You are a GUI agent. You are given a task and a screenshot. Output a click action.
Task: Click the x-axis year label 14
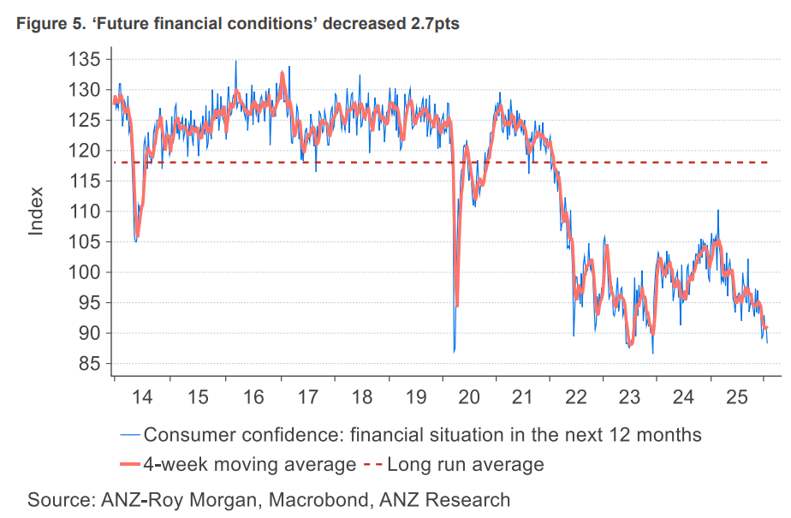pyautogui.click(x=142, y=397)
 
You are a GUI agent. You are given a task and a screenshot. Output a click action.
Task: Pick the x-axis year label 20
pyautogui.click(x=469, y=397)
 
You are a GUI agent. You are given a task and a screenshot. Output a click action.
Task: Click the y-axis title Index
pyautogui.click(x=37, y=211)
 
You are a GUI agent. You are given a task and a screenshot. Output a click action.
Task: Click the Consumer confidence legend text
pyautogui.click(x=423, y=435)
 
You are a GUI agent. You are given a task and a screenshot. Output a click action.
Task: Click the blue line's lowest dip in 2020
pyautogui.click(x=454, y=351)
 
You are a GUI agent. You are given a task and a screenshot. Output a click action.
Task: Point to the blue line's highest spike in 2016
pyautogui.click(x=236, y=61)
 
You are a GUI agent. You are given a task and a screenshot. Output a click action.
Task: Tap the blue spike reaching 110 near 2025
pyautogui.click(x=717, y=211)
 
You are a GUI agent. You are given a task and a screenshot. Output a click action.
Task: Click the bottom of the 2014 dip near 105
pyautogui.click(x=136, y=241)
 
